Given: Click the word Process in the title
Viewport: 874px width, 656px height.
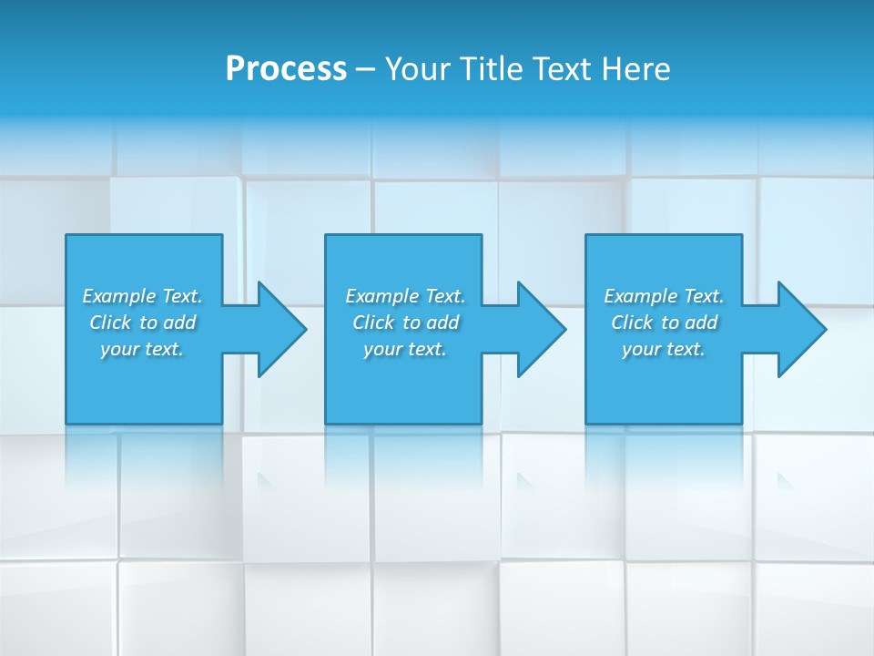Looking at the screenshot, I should point(286,69).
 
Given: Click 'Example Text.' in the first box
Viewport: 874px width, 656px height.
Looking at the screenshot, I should point(142,296).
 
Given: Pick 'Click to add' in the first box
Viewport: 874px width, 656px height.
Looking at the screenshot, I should point(142,323).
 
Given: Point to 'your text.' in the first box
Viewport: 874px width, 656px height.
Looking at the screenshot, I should point(142,349).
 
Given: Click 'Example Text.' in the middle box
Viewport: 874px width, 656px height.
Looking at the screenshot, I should point(405,296).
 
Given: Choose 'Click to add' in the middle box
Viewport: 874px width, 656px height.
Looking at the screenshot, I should point(405,323).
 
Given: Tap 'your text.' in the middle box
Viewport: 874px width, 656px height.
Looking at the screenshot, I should point(405,349).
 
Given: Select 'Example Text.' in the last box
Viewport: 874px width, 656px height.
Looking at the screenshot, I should point(664,296).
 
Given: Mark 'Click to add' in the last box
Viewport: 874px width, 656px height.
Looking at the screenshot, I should point(664,323).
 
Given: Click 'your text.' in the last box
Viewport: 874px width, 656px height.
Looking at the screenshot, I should point(664,349).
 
